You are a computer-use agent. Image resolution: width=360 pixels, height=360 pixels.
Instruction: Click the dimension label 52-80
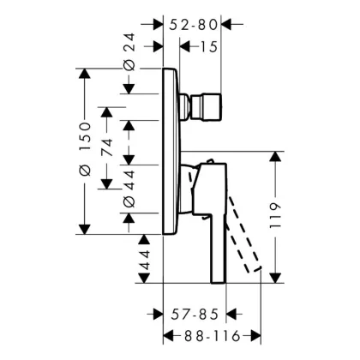pos(193,25)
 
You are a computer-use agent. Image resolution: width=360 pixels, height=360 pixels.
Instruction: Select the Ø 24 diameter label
pos(129,51)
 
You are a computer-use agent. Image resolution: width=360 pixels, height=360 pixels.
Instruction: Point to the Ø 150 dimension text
pos(85,148)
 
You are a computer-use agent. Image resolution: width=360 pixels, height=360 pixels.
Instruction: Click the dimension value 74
pos(107,147)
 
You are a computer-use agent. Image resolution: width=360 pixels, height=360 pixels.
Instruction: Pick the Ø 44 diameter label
pos(129,189)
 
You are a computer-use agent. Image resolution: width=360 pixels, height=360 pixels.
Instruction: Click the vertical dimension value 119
pos(275,216)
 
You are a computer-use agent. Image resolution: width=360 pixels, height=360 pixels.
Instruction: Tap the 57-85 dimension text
pos(195,315)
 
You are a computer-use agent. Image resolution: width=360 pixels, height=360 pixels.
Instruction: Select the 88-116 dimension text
pos(212,336)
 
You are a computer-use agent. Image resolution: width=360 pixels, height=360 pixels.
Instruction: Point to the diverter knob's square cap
pos(207,107)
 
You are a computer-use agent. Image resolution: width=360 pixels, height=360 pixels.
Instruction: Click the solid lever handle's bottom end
pos(219,282)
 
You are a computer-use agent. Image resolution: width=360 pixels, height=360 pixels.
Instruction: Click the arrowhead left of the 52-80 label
pos(158,25)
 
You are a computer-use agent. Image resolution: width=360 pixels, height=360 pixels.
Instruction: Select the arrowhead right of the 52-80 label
pos(226,25)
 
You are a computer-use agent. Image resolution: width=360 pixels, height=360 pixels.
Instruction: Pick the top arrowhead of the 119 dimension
pos(275,156)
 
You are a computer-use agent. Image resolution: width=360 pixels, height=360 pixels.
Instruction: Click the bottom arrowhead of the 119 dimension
pos(275,278)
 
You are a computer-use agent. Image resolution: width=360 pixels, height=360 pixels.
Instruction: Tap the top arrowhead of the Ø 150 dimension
pos(85,74)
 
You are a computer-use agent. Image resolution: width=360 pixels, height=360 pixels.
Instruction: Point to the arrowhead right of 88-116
pos(256,336)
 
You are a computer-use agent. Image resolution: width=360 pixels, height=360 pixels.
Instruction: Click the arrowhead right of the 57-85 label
pos(231,315)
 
